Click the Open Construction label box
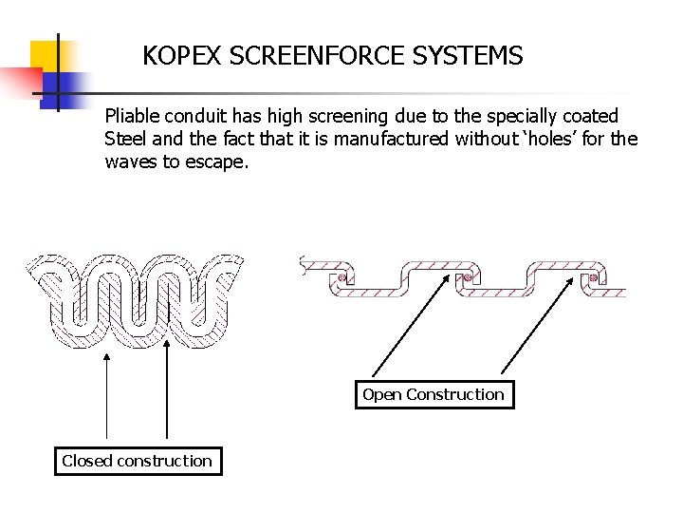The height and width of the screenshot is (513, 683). click(x=434, y=394)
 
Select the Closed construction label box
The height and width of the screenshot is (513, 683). click(x=138, y=461)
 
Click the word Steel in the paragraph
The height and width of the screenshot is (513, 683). click(x=125, y=140)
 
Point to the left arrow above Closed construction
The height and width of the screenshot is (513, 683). click(x=106, y=399)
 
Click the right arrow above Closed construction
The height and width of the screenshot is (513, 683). click(x=167, y=399)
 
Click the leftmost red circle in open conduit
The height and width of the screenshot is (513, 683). click(x=338, y=279)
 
